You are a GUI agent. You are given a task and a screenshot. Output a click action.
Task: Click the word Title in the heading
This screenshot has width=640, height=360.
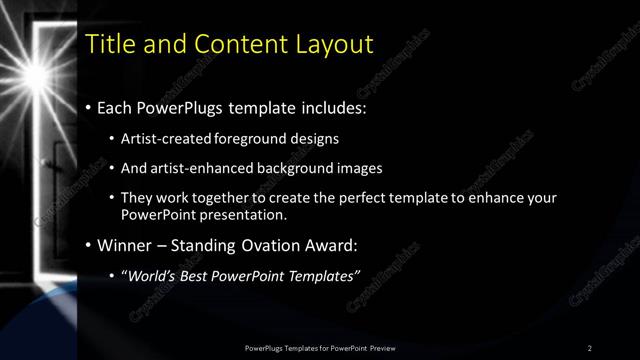pyautogui.click(x=109, y=44)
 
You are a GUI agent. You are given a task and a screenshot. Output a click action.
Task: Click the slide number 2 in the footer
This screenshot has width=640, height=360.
pyautogui.click(x=589, y=347)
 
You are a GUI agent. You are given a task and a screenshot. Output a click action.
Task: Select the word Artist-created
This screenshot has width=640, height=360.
pyautogui.click(x=161, y=139)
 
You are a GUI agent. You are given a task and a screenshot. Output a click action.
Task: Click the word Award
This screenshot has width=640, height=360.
pyautogui.click(x=332, y=244)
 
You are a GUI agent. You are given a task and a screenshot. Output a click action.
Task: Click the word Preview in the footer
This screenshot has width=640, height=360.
pyautogui.click(x=381, y=347)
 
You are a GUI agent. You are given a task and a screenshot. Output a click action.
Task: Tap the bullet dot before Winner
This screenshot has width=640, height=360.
pyautogui.click(x=89, y=245)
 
